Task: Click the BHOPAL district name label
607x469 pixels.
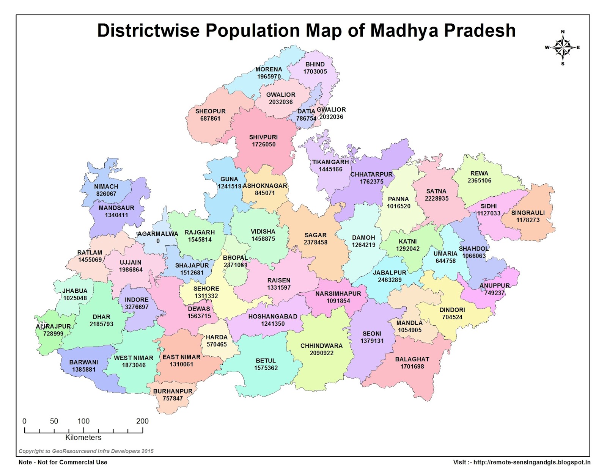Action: pos(235,258)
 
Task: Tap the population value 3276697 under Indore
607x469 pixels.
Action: pos(137,307)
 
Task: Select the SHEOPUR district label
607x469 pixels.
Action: pos(210,111)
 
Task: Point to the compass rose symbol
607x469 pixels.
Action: pos(563,48)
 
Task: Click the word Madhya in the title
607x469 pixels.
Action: pos(404,31)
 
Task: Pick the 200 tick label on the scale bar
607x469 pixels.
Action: pos(142,421)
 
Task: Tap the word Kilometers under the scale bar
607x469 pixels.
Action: pos(83,438)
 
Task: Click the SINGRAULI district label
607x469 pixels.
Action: pos(528,213)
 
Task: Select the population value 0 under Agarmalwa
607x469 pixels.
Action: pos(158,241)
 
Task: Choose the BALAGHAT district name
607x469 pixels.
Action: pos(412,359)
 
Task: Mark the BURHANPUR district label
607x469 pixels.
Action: pos(173,391)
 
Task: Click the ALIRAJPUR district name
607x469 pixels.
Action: pos(53,326)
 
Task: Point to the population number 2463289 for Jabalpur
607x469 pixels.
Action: pos(390,280)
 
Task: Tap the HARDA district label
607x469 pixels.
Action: pos(217,337)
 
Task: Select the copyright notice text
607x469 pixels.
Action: pos(86,451)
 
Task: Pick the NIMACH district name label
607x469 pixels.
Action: pos(106,187)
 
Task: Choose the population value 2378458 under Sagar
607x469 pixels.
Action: pos(315,242)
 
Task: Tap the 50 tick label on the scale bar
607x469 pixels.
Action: pos(54,421)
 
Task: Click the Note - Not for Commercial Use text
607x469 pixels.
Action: pos(63,462)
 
